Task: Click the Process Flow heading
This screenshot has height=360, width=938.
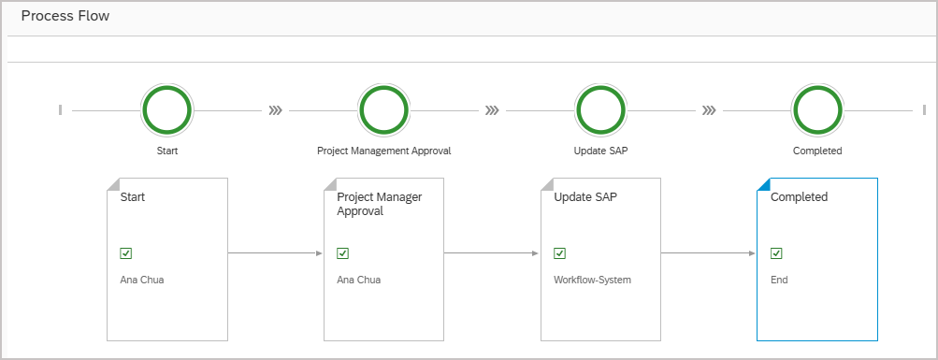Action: click(x=65, y=16)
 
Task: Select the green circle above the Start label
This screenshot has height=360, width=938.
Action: click(x=167, y=110)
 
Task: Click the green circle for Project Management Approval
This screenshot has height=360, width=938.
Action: click(x=383, y=110)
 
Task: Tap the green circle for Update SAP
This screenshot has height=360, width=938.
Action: click(x=600, y=110)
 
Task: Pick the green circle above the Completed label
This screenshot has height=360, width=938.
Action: click(x=817, y=110)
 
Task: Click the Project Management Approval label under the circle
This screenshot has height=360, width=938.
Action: click(x=383, y=151)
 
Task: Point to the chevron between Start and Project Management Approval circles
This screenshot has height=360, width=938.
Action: click(x=275, y=110)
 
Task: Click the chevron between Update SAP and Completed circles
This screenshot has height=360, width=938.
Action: click(x=709, y=110)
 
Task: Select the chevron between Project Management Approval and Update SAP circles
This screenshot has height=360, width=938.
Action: click(x=492, y=110)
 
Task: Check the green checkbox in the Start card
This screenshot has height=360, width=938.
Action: click(x=126, y=252)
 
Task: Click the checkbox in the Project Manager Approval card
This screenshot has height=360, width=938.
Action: click(x=342, y=252)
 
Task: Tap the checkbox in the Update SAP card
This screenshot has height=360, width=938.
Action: click(x=559, y=252)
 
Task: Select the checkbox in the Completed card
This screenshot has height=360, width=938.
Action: click(x=776, y=252)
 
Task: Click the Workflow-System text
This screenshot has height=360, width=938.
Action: click(x=593, y=279)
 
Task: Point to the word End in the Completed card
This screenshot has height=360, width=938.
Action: click(x=779, y=279)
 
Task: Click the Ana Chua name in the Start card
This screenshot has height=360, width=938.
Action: click(x=142, y=279)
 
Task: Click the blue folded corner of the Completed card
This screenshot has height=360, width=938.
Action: click(x=762, y=183)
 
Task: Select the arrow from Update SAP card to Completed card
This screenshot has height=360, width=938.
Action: click(x=708, y=252)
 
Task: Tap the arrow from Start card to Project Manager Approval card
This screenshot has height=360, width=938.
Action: click(x=275, y=252)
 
